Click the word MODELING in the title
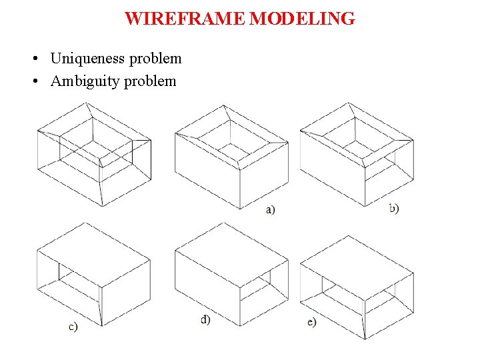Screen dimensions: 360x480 (x=302, y=19)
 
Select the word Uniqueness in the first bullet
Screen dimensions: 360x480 (x=87, y=59)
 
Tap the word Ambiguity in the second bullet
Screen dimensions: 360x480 (x=85, y=81)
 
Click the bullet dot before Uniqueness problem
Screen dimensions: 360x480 (x=33, y=59)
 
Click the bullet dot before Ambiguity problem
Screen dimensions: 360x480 (x=33, y=82)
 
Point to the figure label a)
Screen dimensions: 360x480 (x=271, y=210)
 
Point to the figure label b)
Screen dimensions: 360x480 (x=394, y=208)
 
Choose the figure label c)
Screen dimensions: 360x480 (x=73, y=326)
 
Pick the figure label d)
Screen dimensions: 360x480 (x=205, y=319)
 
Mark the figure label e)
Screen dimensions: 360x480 (x=312, y=322)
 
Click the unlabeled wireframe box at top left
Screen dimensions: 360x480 (x=93, y=154)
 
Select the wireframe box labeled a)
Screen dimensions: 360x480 (x=231, y=155)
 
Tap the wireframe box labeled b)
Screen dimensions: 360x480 (x=357, y=154)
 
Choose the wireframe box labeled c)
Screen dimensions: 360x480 (x=93, y=274)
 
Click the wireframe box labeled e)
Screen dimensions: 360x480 (x=357, y=287)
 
